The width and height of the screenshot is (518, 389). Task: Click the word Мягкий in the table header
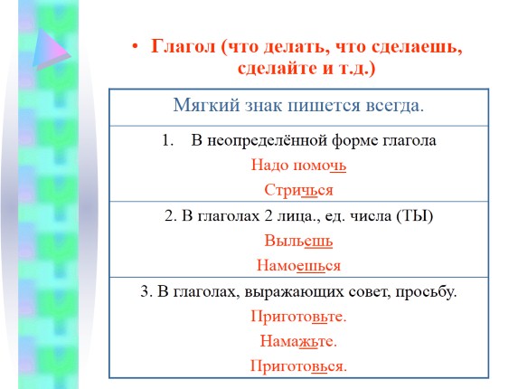click(202, 105)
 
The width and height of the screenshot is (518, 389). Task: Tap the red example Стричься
click(299, 189)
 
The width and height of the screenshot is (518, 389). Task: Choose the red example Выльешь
click(298, 242)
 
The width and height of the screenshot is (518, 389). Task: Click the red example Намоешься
click(298, 266)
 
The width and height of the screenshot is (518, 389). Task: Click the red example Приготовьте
click(298, 318)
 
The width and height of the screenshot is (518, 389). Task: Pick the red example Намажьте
click(298, 341)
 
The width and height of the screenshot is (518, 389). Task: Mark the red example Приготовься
click(298, 365)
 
